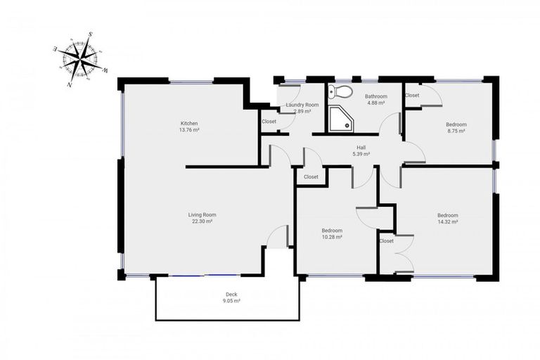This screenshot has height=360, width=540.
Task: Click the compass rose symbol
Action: (81, 59)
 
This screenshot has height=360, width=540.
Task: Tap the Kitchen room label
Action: (188, 123)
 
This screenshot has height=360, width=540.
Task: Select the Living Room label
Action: (201, 214)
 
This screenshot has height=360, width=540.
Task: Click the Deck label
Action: (231, 294)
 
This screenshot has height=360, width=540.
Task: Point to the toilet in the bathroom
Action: (342, 91)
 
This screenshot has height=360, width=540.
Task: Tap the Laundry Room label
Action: (302, 105)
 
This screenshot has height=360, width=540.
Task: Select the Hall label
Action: (361, 147)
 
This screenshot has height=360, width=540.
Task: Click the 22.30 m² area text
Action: (201, 221)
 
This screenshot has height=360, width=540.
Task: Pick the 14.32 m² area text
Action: (447, 221)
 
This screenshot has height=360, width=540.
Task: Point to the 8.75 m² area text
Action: (456, 131)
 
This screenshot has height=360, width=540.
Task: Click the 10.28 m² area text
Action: (332, 237)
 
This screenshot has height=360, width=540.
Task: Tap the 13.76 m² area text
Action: (188, 129)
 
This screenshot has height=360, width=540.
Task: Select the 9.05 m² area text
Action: (231, 300)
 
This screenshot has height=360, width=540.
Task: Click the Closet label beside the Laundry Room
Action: (269, 121)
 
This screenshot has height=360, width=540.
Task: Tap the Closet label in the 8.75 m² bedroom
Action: (412, 95)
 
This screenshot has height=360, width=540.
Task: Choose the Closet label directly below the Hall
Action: (311, 176)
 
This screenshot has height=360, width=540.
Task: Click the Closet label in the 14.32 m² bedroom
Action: (387, 240)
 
